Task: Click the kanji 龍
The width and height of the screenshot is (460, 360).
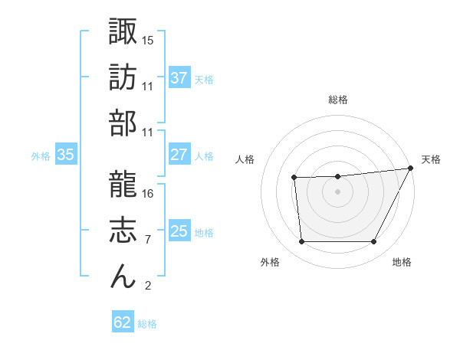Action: [123, 182]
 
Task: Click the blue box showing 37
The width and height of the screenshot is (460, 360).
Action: [179, 78]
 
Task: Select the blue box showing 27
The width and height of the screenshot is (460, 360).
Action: [179, 155]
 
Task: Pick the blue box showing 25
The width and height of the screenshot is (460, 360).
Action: [179, 231]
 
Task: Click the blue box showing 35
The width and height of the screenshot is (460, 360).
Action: [66, 155]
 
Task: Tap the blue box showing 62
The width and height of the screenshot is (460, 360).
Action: [123, 322]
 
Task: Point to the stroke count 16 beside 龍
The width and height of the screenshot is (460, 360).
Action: [148, 193]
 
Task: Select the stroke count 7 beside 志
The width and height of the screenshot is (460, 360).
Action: [147, 239]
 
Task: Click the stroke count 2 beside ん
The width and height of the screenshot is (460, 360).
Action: [147, 286]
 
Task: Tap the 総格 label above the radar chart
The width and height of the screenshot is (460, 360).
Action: [338, 100]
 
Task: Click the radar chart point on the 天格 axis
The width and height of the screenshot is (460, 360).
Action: [412, 168]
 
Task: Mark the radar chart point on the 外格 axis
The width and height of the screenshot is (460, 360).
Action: [301, 242]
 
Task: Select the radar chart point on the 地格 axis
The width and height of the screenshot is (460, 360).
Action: [374, 242]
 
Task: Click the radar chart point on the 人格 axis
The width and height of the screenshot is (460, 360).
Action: [294, 178]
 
